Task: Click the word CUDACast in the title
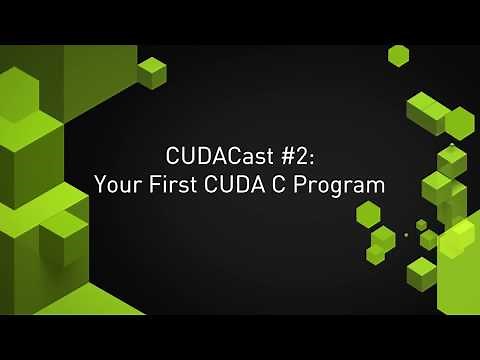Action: pos(214,157)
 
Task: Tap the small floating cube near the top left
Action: pos(152,71)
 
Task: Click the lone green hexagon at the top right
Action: pos(399,55)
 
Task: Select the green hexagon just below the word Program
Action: pos(368,213)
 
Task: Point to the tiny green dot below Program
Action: pos(406,235)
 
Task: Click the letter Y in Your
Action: pos(100,185)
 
